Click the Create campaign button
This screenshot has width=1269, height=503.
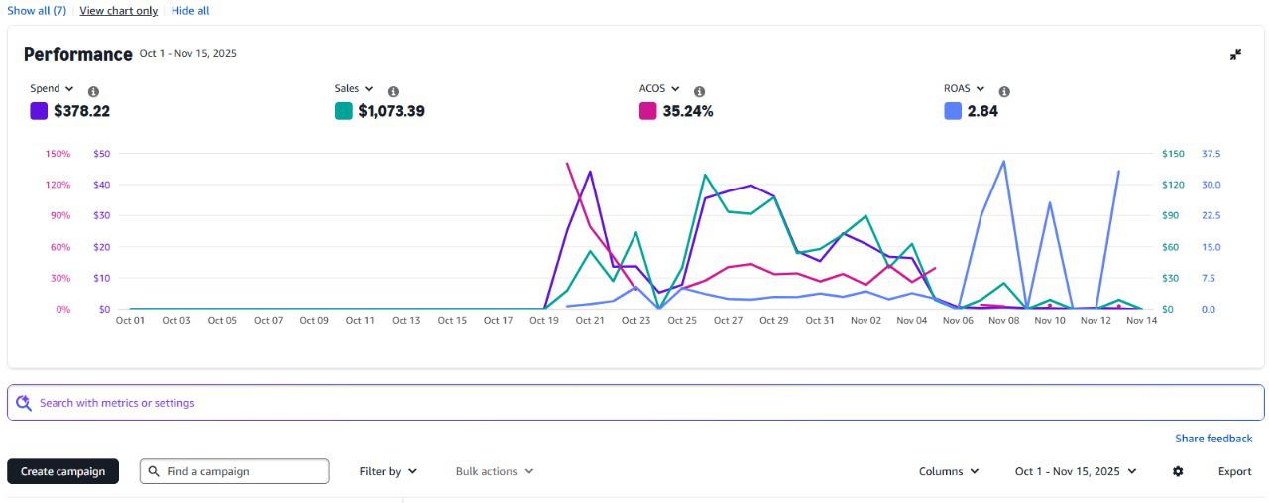(62, 471)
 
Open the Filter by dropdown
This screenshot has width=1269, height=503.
(388, 471)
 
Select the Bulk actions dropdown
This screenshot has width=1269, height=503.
(494, 471)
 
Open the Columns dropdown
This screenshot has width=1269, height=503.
(949, 471)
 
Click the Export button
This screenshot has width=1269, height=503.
(1234, 471)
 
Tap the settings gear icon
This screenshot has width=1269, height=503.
(1178, 471)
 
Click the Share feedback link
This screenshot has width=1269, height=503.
(1213, 439)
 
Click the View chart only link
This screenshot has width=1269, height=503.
(118, 11)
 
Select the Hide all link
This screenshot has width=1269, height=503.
(190, 11)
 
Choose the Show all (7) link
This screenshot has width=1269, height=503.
(37, 11)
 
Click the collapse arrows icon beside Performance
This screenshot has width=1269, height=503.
(1235, 55)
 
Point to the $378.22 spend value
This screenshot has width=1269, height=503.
(81, 111)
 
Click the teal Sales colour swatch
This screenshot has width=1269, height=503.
(344, 111)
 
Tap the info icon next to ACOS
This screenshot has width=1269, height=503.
(699, 91)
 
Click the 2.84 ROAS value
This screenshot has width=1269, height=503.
(982, 111)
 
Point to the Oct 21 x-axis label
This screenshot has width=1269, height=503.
(590, 321)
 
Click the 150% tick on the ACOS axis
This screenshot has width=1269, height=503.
(58, 154)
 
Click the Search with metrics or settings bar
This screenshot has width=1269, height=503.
(634, 403)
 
